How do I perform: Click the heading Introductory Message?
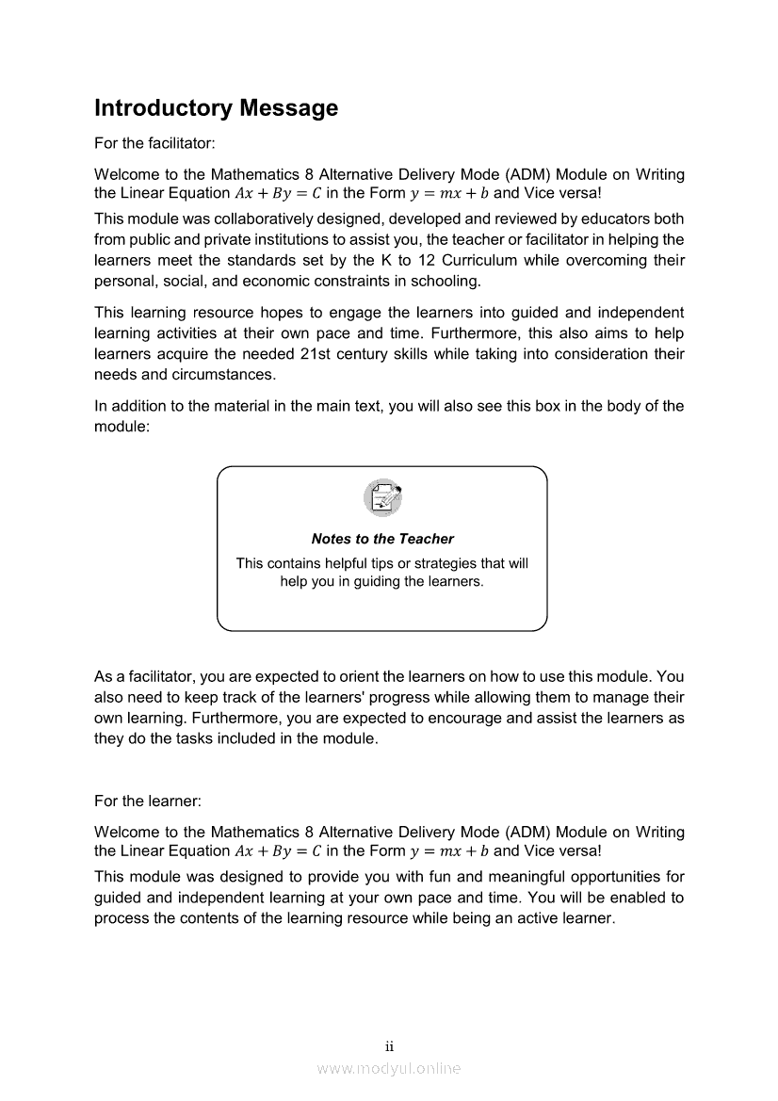pyautogui.click(x=216, y=108)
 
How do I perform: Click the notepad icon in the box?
pyautogui.click(x=382, y=495)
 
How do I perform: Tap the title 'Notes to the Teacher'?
pyautogui.click(x=382, y=539)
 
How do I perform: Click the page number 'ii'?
pyautogui.click(x=389, y=1046)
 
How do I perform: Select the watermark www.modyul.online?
pyautogui.click(x=389, y=1068)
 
